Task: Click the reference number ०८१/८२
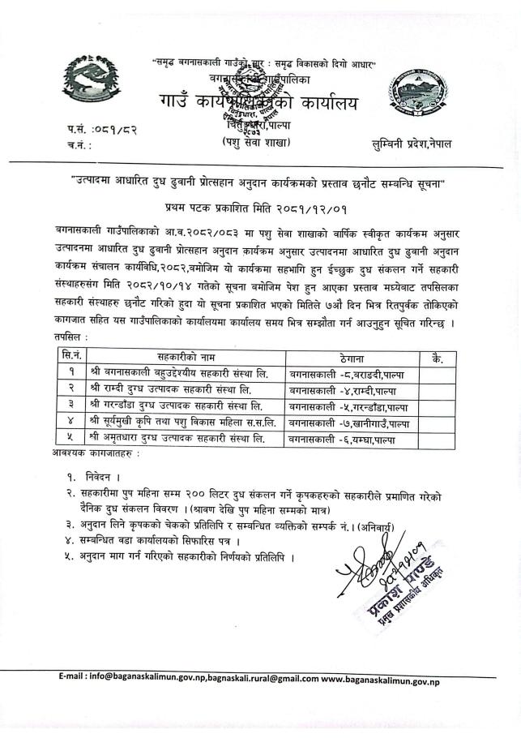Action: (117, 130)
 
